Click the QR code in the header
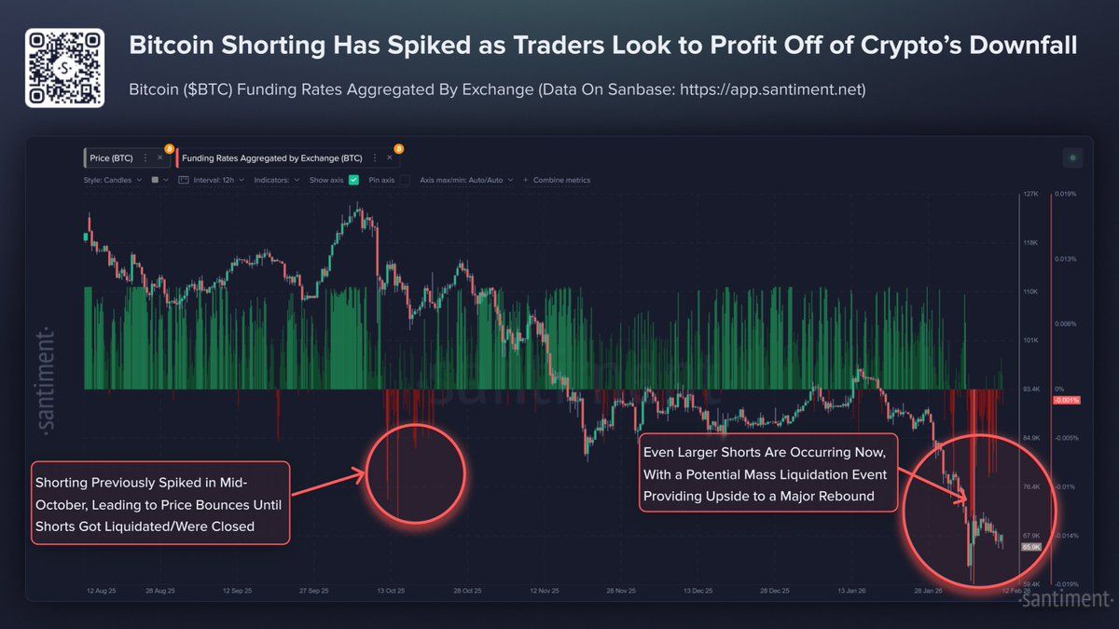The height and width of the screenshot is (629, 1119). (x=63, y=68)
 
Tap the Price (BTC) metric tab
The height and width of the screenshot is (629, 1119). (x=112, y=158)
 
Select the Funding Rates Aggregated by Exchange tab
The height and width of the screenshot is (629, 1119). (x=272, y=158)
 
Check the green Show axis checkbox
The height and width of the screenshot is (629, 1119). (x=354, y=180)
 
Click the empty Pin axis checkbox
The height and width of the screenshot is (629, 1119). (x=405, y=180)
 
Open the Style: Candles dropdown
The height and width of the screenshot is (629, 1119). (x=113, y=180)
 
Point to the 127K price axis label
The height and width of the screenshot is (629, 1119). (x=1030, y=195)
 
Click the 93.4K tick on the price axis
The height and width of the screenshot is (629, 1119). (x=1031, y=389)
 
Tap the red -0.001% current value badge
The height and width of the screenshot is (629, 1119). (x=1065, y=401)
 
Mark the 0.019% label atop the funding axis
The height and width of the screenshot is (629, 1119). (x=1065, y=195)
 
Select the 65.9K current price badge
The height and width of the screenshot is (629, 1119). (x=1031, y=547)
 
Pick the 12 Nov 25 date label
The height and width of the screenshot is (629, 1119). (x=545, y=591)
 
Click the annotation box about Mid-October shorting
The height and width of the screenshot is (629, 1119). (x=159, y=503)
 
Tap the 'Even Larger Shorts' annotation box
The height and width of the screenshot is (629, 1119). (x=769, y=473)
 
